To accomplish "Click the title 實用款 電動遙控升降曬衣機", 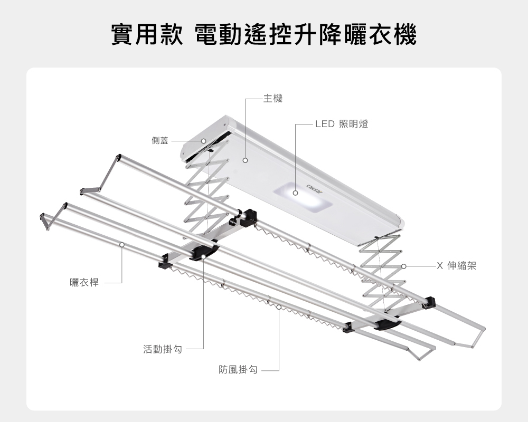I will [x=263, y=34].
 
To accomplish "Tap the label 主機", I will [x=273, y=98].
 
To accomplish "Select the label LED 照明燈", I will [x=341, y=124].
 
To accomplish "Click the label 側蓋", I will [x=159, y=141].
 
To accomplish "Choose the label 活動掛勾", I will [x=162, y=349].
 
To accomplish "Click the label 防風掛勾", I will [x=238, y=370].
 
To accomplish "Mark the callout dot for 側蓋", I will [x=203, y=141].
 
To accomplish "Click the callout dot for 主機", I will [x=246, y=159].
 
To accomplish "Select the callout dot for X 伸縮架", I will [x=403, y=266].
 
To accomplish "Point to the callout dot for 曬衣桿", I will [x=122, y=244].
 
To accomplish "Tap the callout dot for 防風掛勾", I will [x=278, y=307].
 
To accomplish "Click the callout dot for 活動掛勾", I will [x=203, y=257].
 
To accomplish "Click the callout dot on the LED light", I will [x=296, y=193].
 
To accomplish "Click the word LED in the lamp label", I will [x=325, y=124].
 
